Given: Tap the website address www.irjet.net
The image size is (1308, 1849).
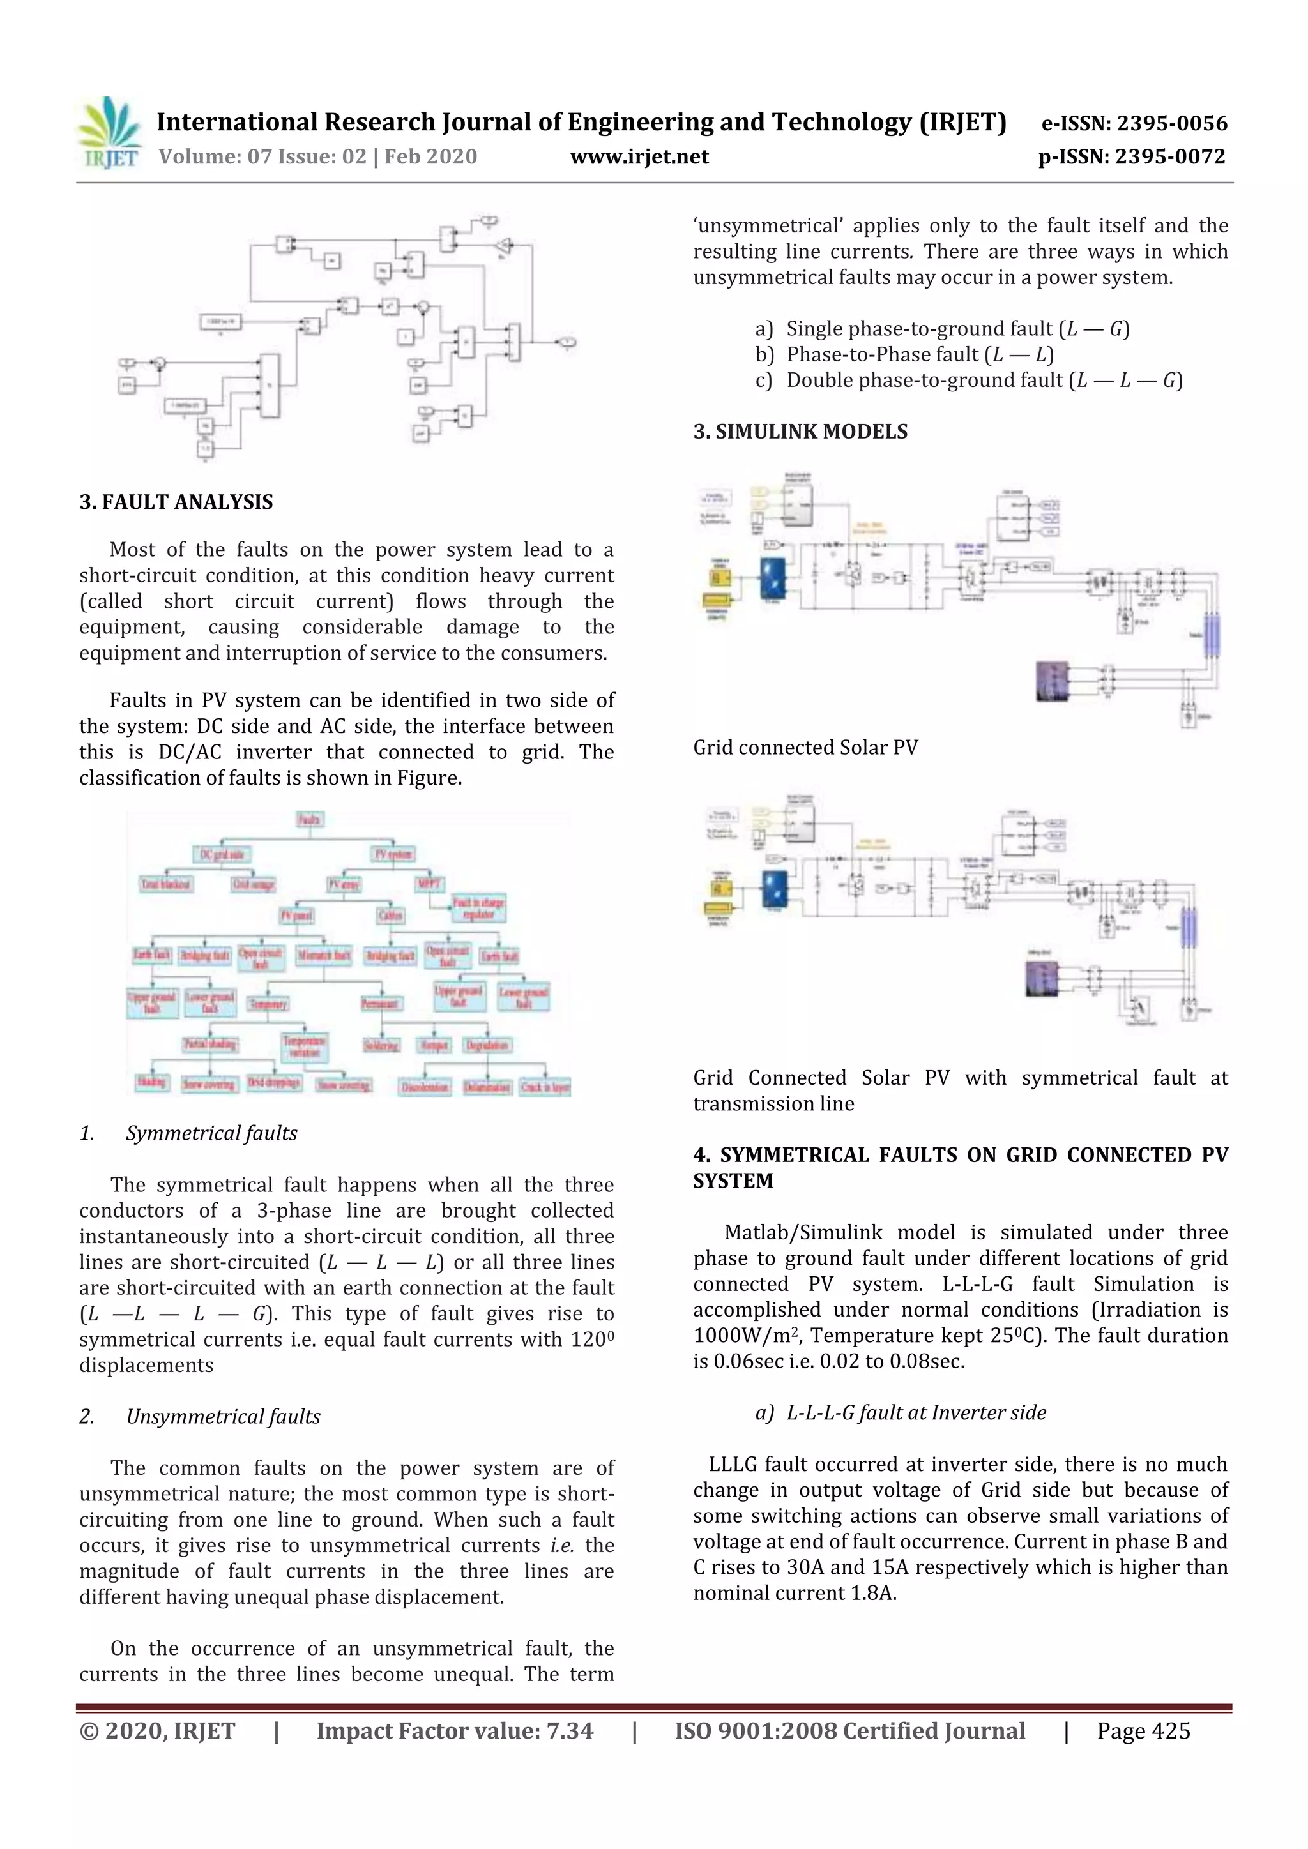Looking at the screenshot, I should click(x=639, y=156).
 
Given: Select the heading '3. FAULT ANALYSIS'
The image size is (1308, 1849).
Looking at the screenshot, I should click(x=176, y=502).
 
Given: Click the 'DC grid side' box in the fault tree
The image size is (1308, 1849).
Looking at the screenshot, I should click(x=222, y=854).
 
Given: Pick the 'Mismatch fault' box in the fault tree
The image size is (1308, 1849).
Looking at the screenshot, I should click(x=324, y=955).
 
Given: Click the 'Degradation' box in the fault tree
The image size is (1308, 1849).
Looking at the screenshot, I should click(x=487, y=1045).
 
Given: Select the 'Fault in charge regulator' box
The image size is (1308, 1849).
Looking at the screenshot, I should click(x=478, y=908).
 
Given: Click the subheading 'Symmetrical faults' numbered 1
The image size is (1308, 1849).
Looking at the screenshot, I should click(x=211, y=1133).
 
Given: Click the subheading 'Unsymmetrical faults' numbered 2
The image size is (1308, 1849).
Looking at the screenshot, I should click(x=223, y=1417).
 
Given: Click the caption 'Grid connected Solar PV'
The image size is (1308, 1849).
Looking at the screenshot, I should click(x=805, y=748).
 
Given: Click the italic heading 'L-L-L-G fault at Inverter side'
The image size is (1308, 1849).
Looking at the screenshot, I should click(x=916, y=1412).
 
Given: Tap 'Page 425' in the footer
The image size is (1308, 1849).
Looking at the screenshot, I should click(x=1142, y=1731).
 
